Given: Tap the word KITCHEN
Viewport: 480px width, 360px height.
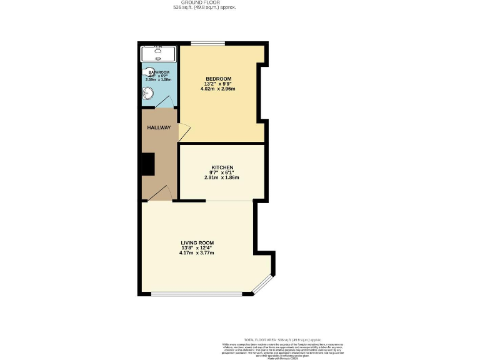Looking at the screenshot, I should click(222, 167).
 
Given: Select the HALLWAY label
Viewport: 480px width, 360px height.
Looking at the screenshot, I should click(159, 127).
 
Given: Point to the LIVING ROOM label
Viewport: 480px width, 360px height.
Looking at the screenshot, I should click(197, 242).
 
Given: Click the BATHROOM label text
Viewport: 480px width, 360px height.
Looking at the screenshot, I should click(159, 72).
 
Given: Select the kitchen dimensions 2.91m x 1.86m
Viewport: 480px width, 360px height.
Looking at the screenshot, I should click(222, 177).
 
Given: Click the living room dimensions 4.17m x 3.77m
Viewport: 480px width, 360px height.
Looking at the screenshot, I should click(197, 253).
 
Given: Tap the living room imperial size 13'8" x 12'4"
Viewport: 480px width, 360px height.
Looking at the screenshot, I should click(197, 247).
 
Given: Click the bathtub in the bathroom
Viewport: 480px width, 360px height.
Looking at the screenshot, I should click(158, 52).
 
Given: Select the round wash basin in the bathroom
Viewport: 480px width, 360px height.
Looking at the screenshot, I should click(148, 94).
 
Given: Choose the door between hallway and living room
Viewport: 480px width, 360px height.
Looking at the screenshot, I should click(161, 193).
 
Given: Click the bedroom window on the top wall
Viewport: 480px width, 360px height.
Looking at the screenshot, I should click(207, 43).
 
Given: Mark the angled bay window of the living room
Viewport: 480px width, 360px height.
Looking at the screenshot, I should click(263, 284).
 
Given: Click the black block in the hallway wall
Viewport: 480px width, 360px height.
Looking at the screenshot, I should click(147, 164).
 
